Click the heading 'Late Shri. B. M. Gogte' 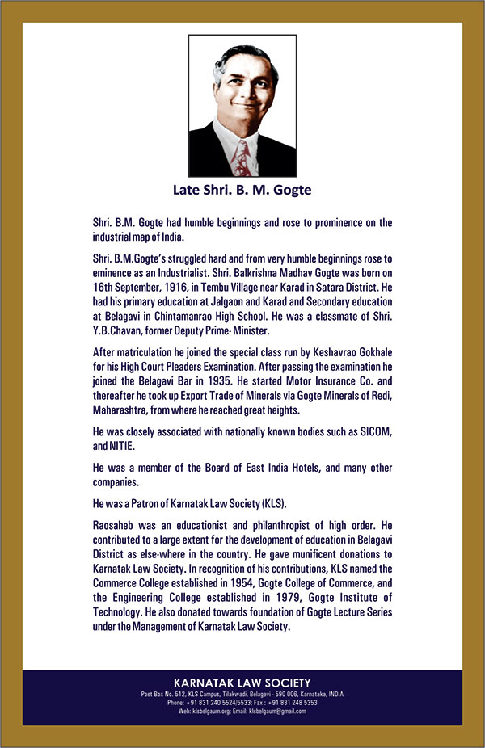[242, 191]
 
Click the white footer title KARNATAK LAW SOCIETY [242, 683]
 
